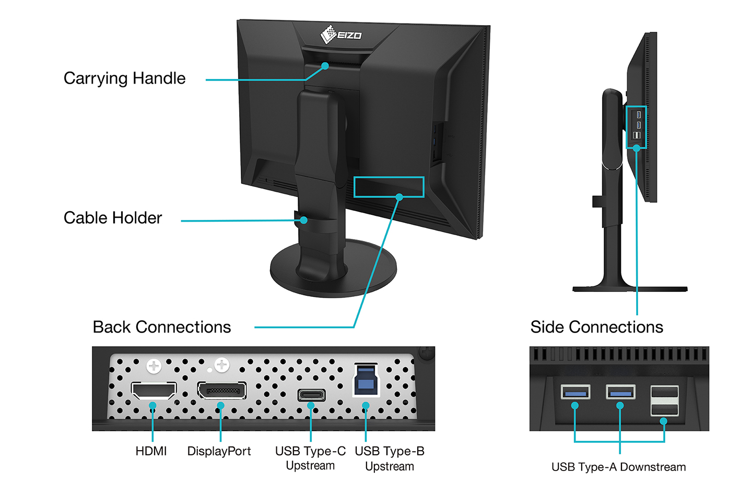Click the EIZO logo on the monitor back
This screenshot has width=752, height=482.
341,35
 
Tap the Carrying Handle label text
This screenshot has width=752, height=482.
124,78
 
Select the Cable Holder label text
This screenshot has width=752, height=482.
113,218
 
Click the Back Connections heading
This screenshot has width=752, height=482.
162,327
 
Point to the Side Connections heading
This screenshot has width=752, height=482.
596,327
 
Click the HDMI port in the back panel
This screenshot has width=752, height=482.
153,391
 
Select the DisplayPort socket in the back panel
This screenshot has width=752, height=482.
221,390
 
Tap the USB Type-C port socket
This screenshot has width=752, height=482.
311,395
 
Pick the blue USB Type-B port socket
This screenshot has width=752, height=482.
365,380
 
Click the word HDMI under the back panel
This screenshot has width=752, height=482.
151,451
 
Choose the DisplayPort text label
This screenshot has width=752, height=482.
219,451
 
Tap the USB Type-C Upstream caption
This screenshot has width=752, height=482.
310,458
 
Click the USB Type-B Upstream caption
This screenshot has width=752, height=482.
390,458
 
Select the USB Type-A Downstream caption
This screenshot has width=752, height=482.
618,467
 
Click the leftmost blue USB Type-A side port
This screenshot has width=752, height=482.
575,392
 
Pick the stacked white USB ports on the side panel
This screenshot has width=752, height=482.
664,401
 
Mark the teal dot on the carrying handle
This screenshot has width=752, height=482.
325,66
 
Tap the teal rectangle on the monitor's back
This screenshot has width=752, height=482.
389,187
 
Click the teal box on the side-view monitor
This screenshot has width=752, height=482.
636,127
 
